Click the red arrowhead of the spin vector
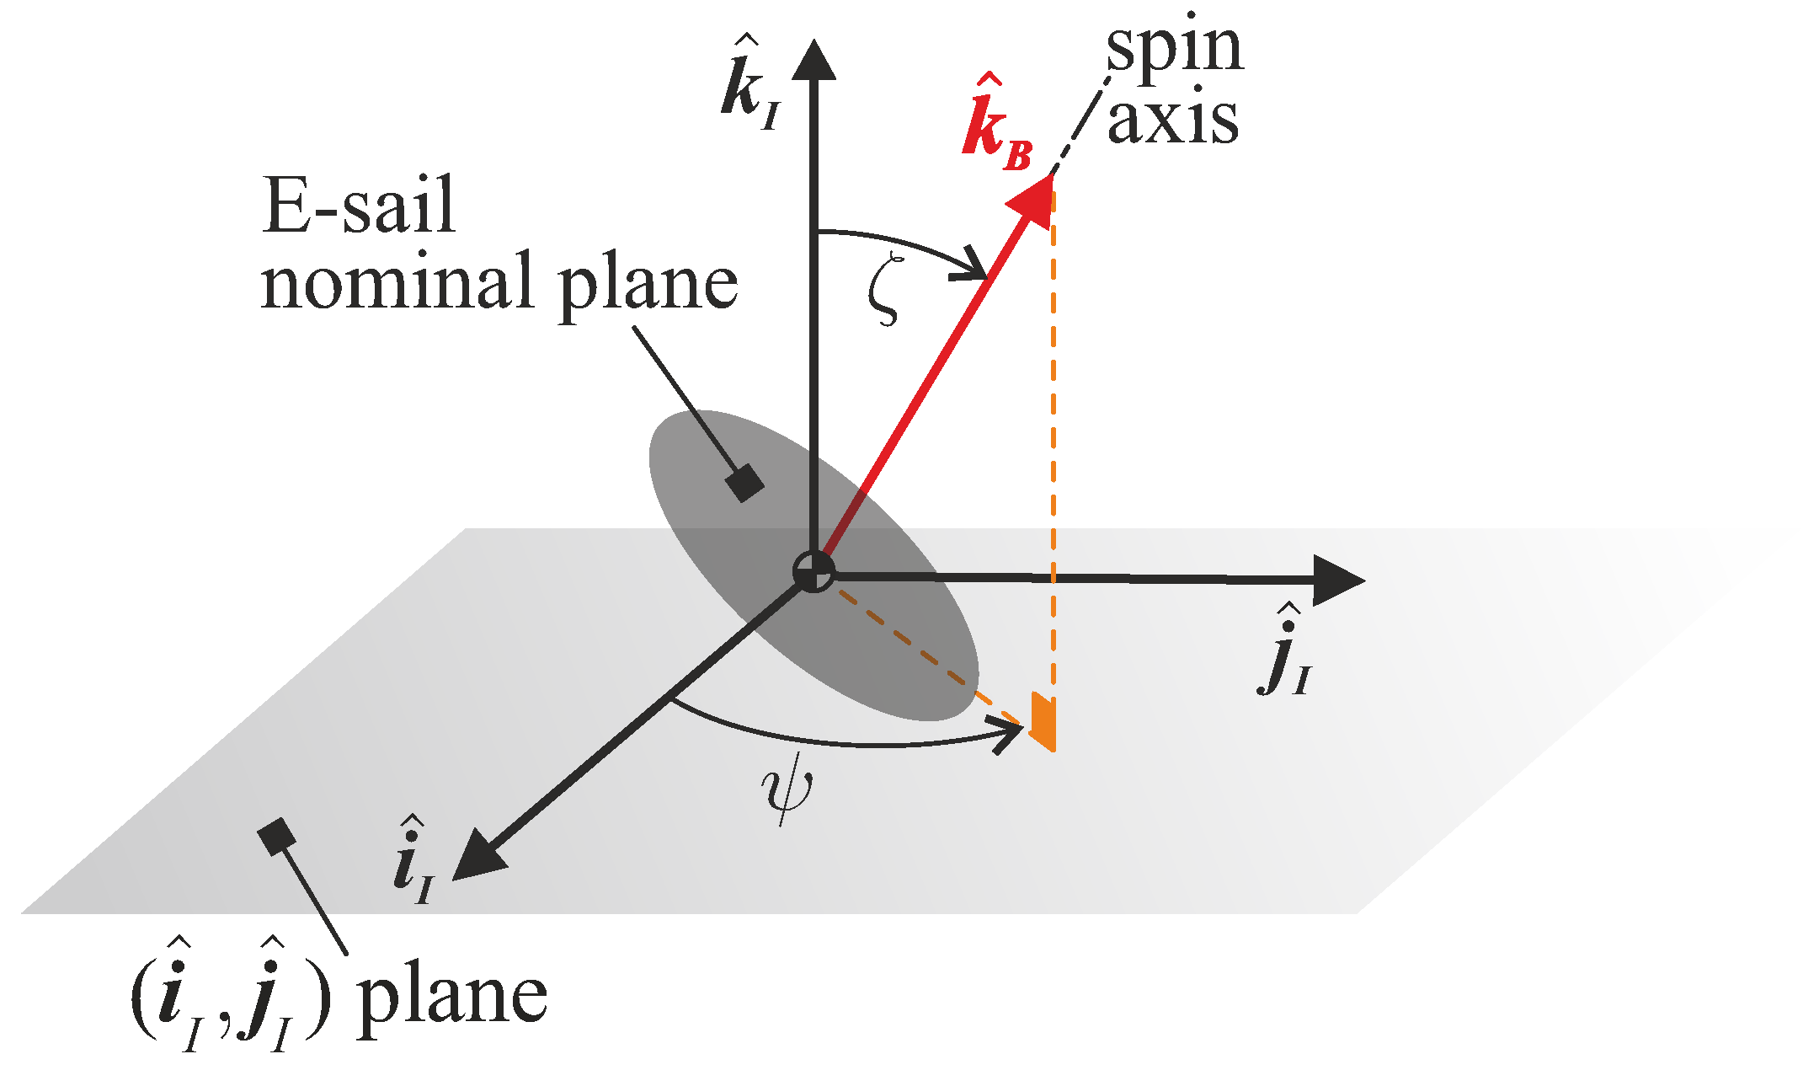tap(1033, 201)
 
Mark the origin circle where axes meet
tap(813, 572)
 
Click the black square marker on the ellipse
tap(744, 483)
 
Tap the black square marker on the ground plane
tap(276, 837)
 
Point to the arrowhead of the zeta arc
tap(975, 265)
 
